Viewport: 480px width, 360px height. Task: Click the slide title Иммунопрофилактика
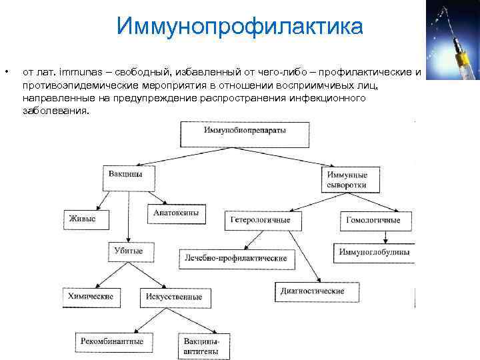click(239, 26)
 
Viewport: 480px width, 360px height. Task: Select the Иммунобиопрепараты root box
click(245, 133)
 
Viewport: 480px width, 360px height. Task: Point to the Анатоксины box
click(176, 213)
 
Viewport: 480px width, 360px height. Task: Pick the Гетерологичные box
click(265, 219)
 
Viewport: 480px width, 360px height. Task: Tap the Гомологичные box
click(378, 220)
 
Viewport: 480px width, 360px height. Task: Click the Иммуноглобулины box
click(374, 252)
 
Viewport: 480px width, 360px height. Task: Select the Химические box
click(91, 297)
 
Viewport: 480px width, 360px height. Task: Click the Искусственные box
click(176, 297)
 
